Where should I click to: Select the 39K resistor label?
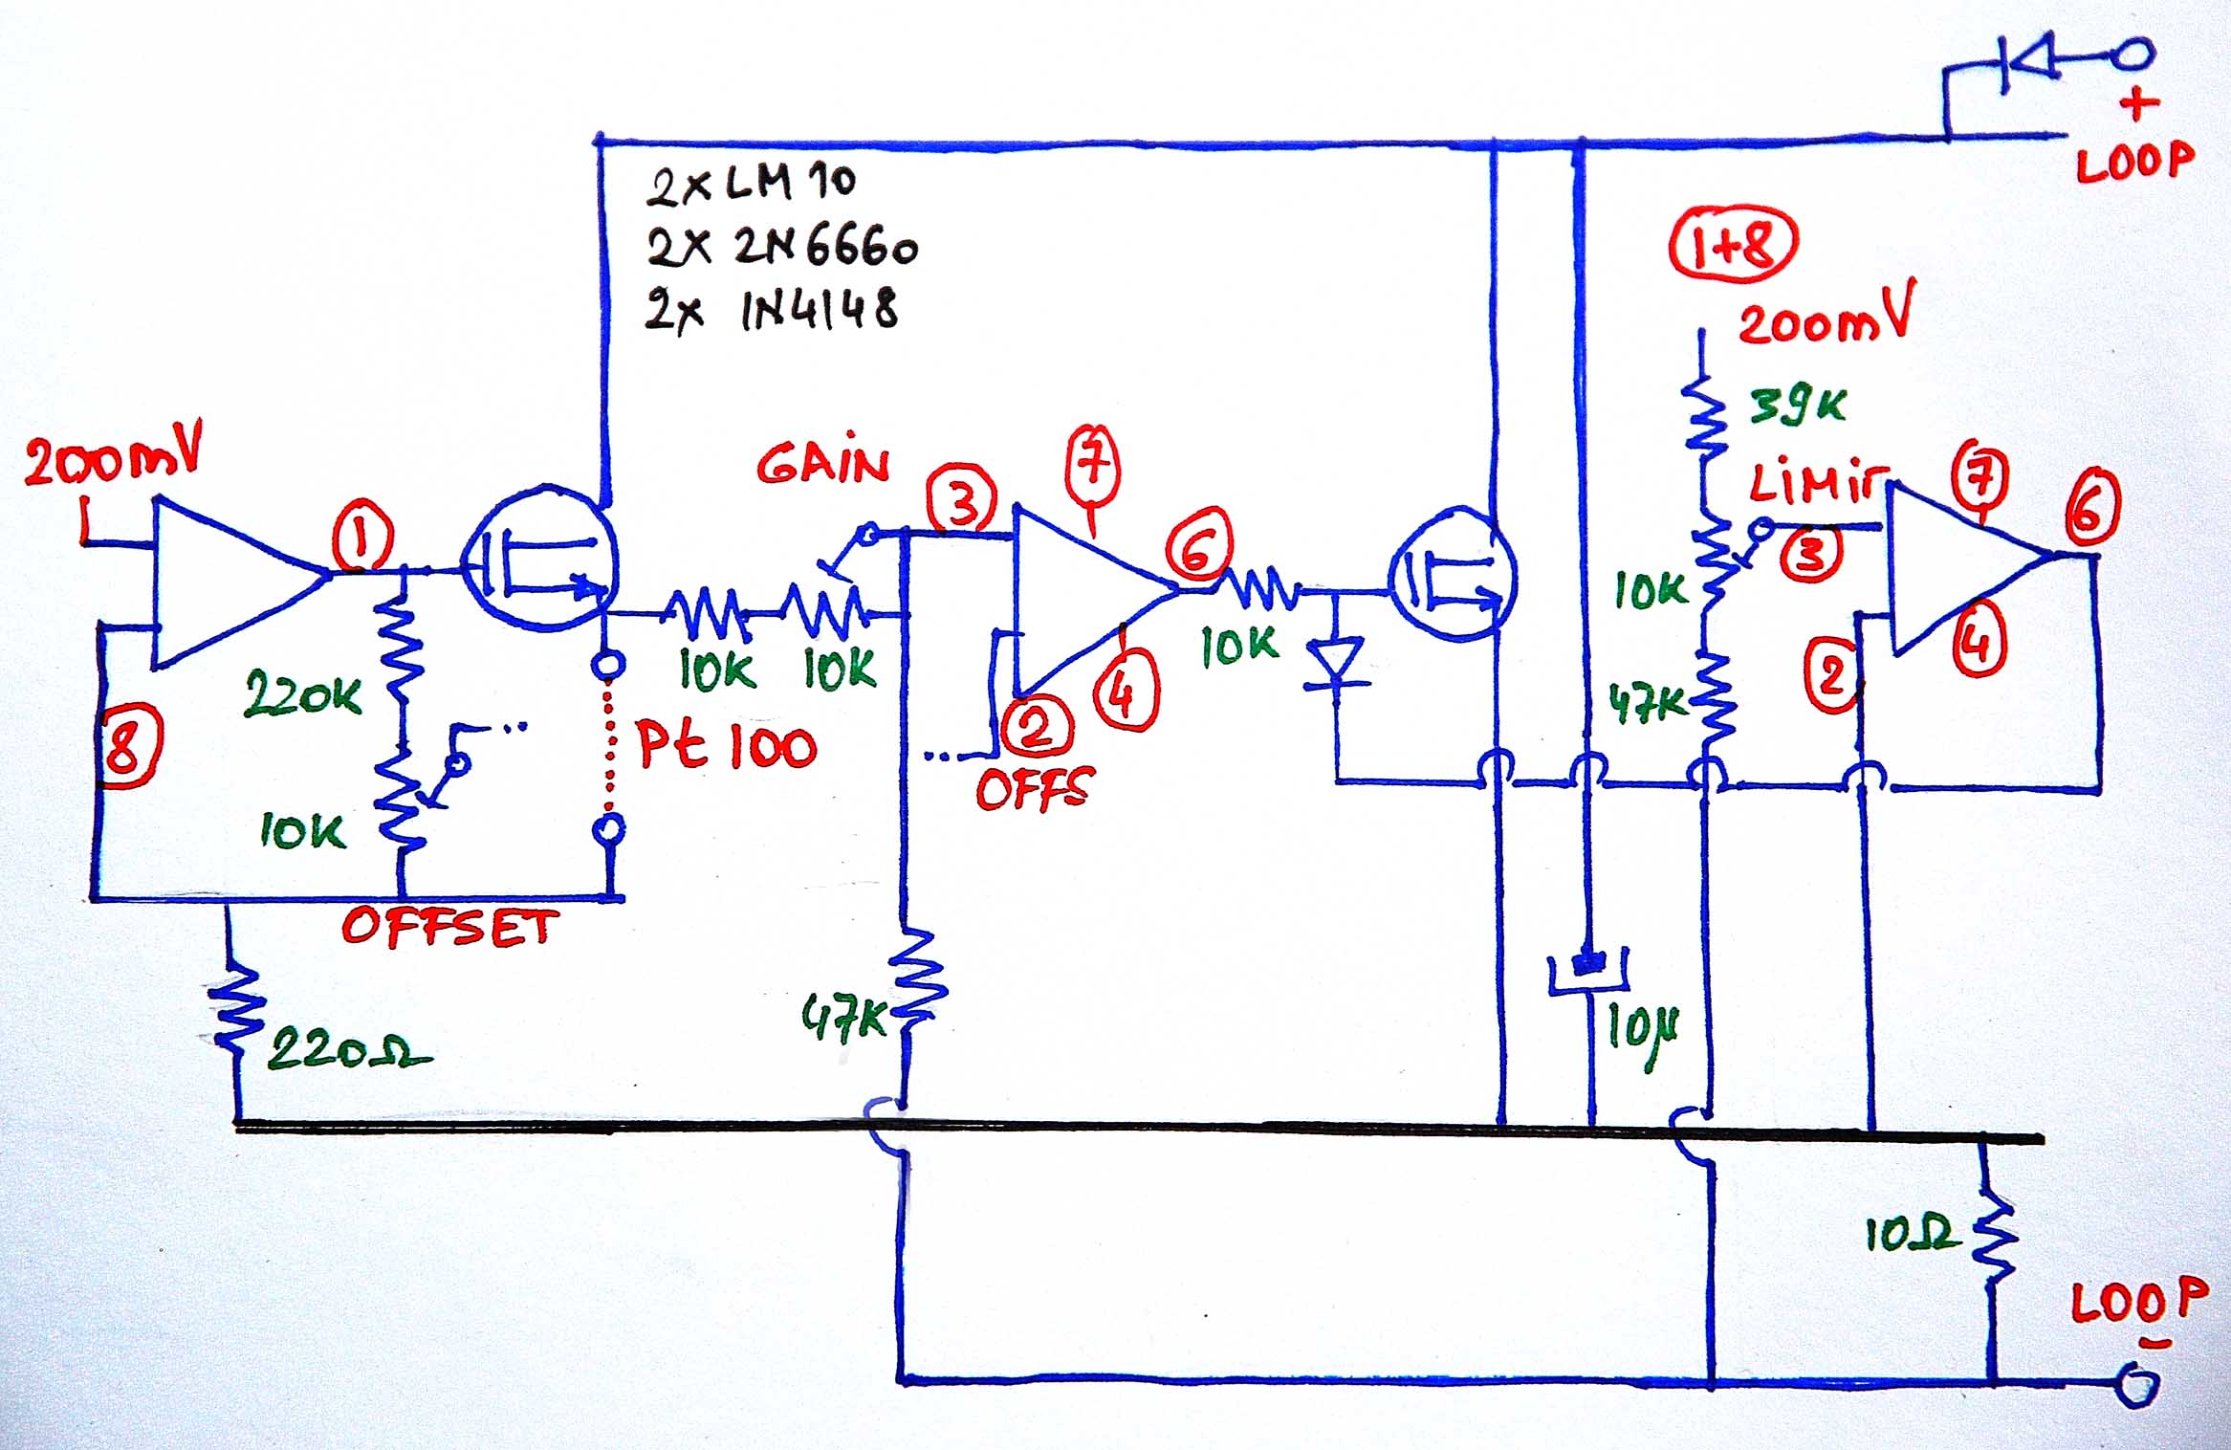(1798, 406)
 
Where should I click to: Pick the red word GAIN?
(823, 465)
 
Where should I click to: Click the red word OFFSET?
(449, 928)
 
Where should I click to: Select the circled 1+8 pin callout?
(1733, 245)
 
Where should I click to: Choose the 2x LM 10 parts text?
(751, 183)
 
